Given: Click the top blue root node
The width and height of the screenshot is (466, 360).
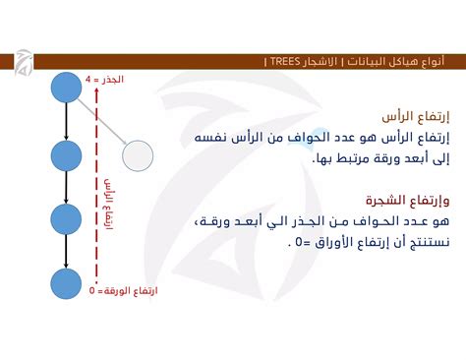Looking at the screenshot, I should (x=66, y=87).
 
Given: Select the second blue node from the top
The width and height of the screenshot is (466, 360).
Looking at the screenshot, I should (x=66, y=154).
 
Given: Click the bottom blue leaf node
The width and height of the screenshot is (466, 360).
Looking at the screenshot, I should (x=66, y=284).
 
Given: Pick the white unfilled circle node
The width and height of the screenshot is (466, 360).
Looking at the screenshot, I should (x=138, y=154).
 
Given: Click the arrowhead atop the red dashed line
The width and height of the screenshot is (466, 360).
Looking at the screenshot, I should (x=96, y=88).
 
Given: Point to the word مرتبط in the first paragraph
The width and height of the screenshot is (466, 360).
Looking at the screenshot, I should (x=350, y=157).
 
